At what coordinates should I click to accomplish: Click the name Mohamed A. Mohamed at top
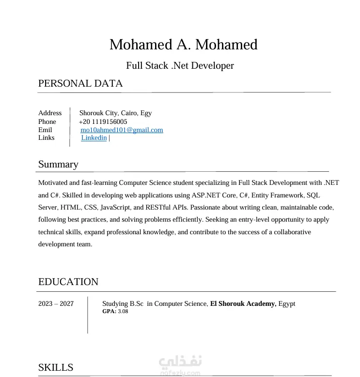(x=183, y=45)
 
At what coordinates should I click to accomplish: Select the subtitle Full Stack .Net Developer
(x=180, y=65)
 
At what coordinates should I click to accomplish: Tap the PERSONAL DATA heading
(x=80, y=83)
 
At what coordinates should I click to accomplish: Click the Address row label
(x=50, y=113)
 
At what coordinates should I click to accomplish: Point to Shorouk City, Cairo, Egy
(x=115, y=113)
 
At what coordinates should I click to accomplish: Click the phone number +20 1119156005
(x=103, y=121)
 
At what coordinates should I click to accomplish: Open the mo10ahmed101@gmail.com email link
(x=122, y=130)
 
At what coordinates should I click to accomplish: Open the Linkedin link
(x=94, y=138)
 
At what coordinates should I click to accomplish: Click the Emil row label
(x=45, y=130)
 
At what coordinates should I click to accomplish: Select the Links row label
(x=47, y=138)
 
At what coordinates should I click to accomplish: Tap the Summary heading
(x=58, y=164)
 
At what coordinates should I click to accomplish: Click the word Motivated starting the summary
(x=53, y=183)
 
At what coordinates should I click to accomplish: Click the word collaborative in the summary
(x=293, y=232)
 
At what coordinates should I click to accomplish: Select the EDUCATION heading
(x=68, y=282)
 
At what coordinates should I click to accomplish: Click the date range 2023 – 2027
(x=56, y=304)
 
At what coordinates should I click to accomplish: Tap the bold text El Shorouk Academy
(x=243, y=304)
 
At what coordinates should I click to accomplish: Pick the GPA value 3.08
(x=123, y=311)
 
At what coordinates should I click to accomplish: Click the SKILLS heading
(x=56, y=367)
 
